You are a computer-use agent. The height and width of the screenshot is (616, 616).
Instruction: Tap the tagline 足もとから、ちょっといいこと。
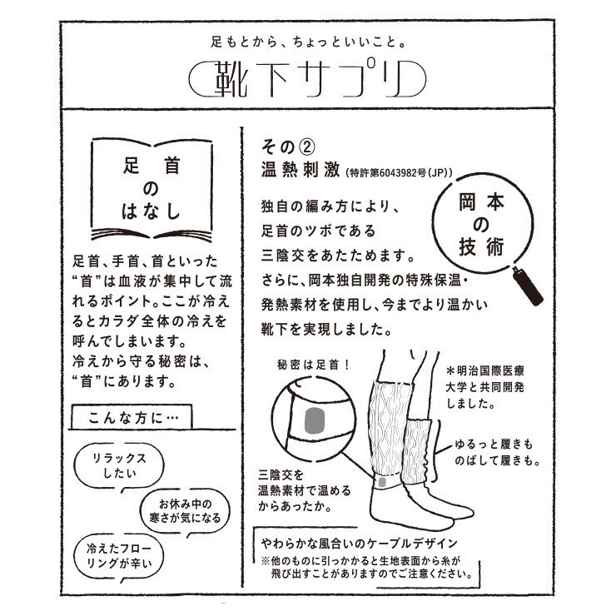[x=308, y=42]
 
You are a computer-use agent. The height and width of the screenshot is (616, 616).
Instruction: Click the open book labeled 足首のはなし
[x=152, y=189]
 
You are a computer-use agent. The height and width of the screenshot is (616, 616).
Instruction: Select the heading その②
[x=288, y=147]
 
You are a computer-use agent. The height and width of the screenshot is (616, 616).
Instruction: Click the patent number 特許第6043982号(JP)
[x=399, y=172]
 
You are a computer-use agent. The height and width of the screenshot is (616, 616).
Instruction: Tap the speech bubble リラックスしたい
[x=119, y=467]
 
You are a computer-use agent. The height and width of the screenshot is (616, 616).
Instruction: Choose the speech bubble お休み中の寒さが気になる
[x=185, y=511]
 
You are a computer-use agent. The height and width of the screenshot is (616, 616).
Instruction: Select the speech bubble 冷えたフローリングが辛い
[x=119, y=556]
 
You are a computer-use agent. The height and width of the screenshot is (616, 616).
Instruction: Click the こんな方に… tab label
[x=133, y=418]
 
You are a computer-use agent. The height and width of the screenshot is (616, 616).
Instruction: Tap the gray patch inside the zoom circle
[x=315, y=420]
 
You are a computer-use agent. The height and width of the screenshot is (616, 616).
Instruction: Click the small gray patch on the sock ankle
[x=382, y=482]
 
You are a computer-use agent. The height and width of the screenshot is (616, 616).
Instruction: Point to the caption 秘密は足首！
[x=314, y=365]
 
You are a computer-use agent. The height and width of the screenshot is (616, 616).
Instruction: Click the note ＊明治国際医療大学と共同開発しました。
[x=484, y=387]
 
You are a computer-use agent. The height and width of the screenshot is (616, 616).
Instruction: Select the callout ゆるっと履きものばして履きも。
[x=497, y=452]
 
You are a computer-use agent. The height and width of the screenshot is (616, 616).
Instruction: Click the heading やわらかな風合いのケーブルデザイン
[x=360, y=544]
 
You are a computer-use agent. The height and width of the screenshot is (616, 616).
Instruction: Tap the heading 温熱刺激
[x=301, y=171]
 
